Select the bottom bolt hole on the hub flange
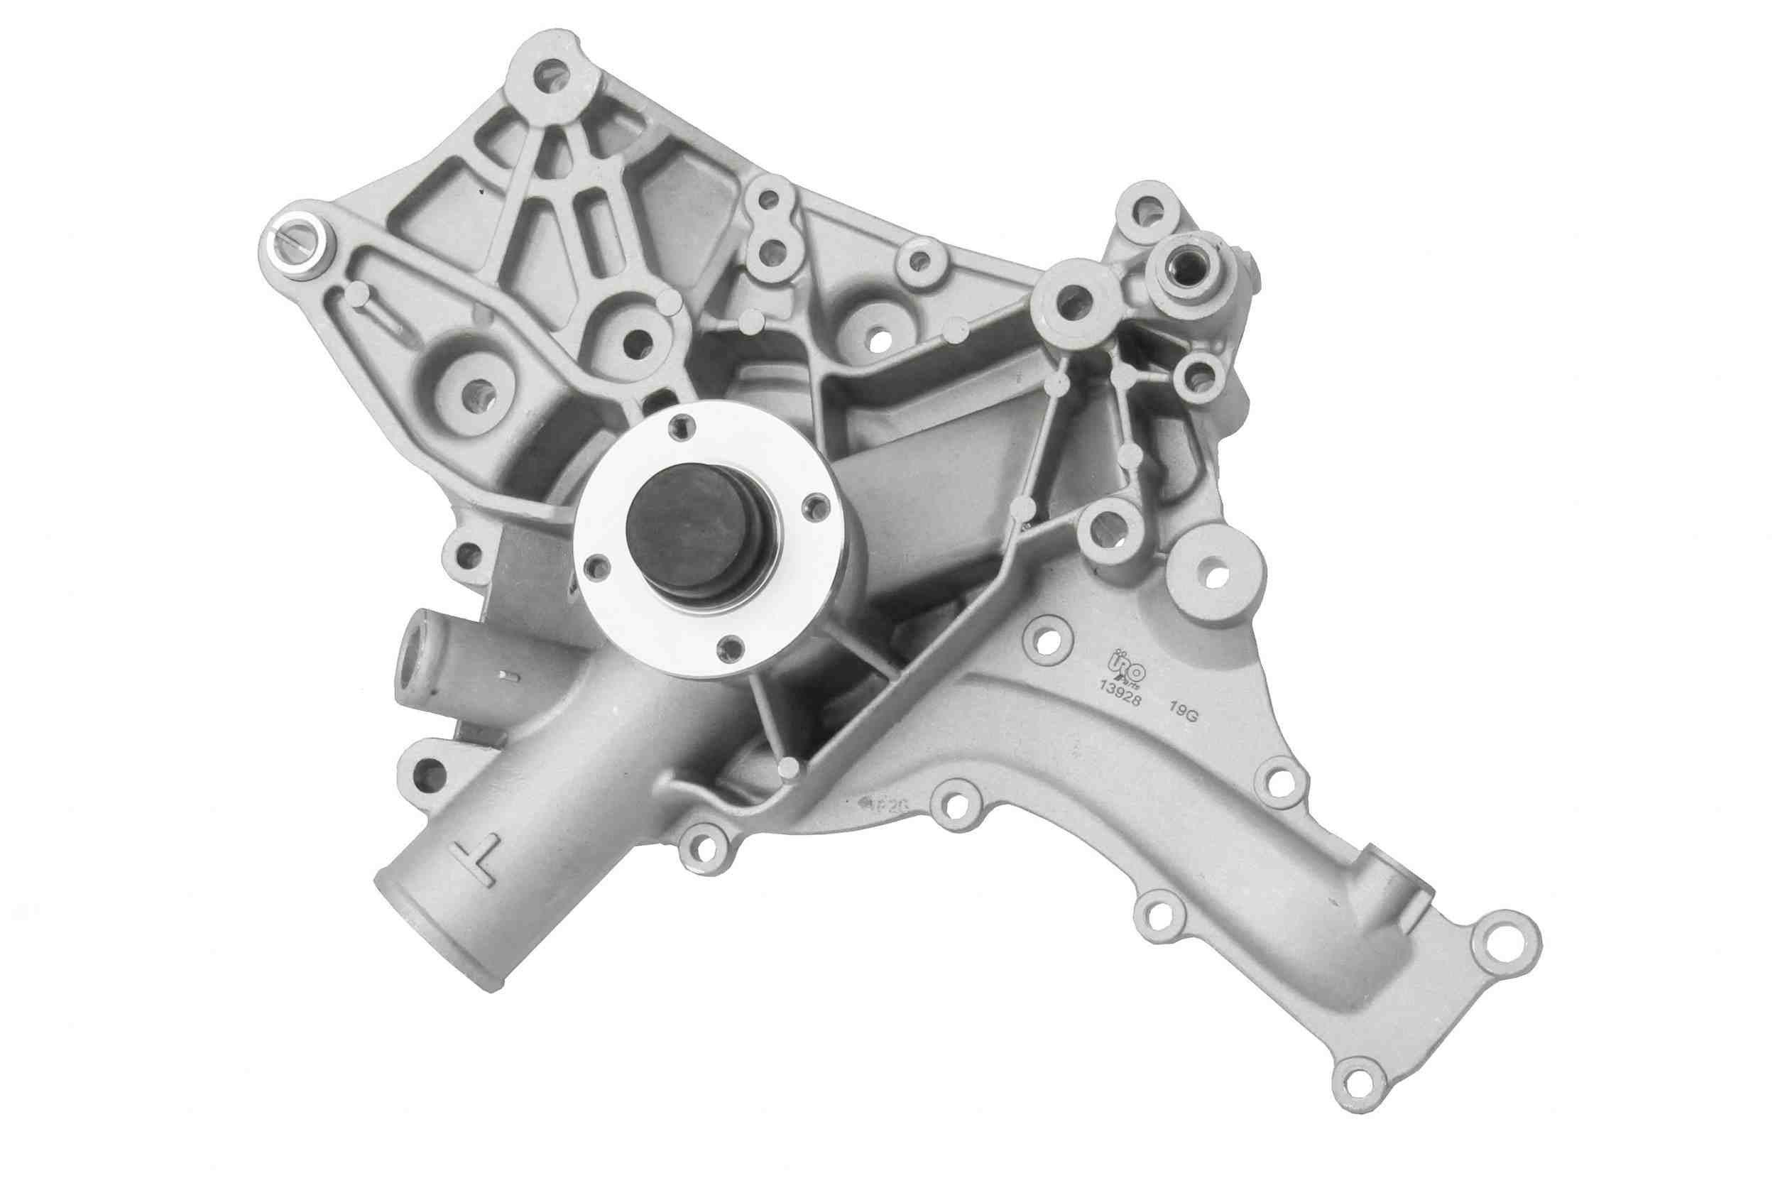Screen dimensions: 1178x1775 [x=727, y=648]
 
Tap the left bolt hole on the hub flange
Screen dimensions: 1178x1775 [x=597, y=568]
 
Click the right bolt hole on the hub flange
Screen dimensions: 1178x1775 [x=812, y=508]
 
